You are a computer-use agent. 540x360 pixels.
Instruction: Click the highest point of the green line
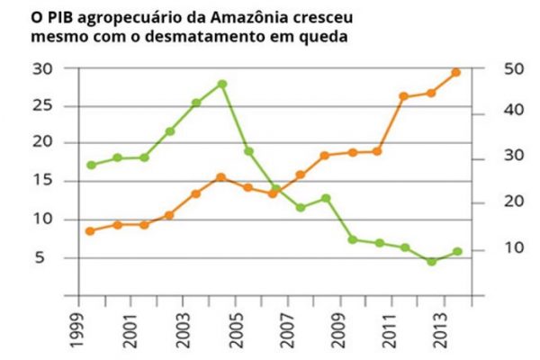[x=221, y=84]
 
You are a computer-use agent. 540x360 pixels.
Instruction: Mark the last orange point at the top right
[x=456, y=72]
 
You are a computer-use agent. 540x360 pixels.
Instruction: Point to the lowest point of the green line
[x=431, y=262]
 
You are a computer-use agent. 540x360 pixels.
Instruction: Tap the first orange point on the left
[x=90, y=231]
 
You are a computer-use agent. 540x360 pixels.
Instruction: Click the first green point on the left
[x=91, y=165]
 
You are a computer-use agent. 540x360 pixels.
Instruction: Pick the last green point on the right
[x=457, y=251]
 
